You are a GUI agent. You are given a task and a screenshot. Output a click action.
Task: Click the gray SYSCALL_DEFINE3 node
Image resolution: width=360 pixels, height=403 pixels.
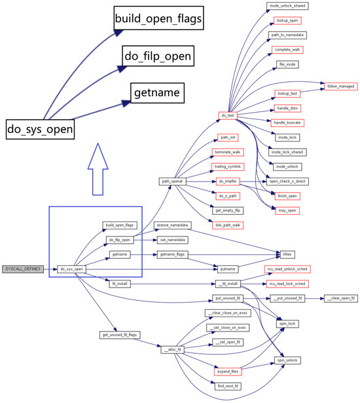[23, 269]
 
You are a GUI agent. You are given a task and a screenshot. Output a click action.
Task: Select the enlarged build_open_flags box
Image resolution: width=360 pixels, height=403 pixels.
[158, 18]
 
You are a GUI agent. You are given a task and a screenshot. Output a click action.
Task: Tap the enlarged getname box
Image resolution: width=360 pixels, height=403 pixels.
[156, 93]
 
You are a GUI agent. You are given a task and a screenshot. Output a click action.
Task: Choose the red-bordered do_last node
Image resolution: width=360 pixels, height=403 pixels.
[228, 115]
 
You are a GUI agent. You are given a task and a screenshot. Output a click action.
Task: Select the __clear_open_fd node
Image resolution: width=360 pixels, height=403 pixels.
[340, 298]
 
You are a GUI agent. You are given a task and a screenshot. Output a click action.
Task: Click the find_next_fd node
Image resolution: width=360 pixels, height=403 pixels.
[228, 387]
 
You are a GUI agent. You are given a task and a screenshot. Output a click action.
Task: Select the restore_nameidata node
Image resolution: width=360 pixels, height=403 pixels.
[171, 225]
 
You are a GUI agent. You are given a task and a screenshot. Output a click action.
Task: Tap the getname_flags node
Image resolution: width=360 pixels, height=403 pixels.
[171, 254]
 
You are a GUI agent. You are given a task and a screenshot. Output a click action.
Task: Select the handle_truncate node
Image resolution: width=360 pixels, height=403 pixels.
[287, 123]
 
